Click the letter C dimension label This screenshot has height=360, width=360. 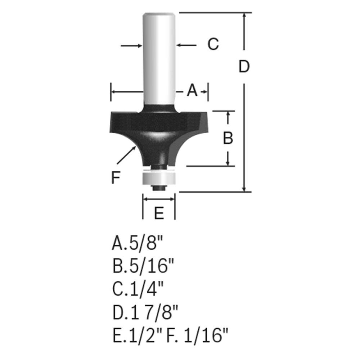pos(213,44)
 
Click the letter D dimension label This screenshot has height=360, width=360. pos(244,67)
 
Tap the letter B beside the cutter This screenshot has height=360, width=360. pos(228,138)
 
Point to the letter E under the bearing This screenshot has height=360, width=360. pos(159,213)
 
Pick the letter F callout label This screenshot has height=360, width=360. pos(115,178)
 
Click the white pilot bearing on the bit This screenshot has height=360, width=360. pos(159,177)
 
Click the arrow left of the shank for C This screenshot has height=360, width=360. pos(132,45)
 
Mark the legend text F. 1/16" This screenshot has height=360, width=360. pos(197,337)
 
